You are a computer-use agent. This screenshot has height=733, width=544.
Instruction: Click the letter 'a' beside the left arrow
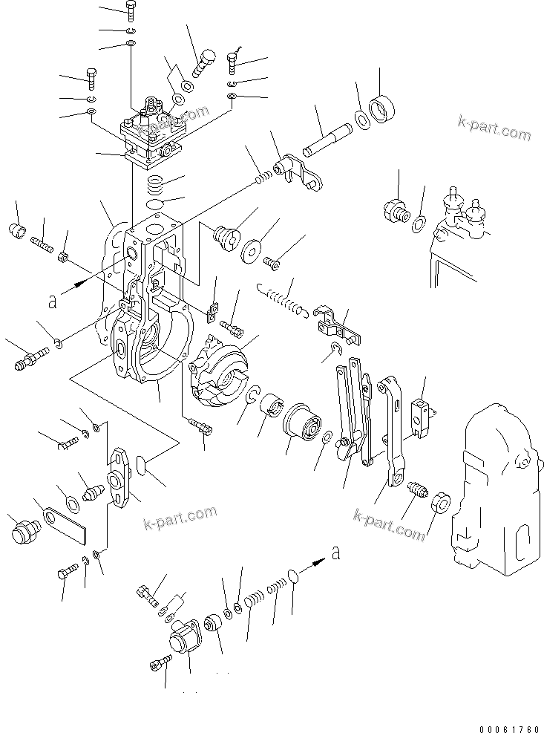pyautogui.click(x=52, y=301)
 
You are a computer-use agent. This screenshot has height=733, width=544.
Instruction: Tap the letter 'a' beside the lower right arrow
pyautogui.click(x=338, y=553)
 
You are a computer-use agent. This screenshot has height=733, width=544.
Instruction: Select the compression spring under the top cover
pyautogui.click(x=156, y=182)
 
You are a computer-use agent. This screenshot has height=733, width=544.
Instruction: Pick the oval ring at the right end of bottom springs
pyautogui.click(x=294, y=576)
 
